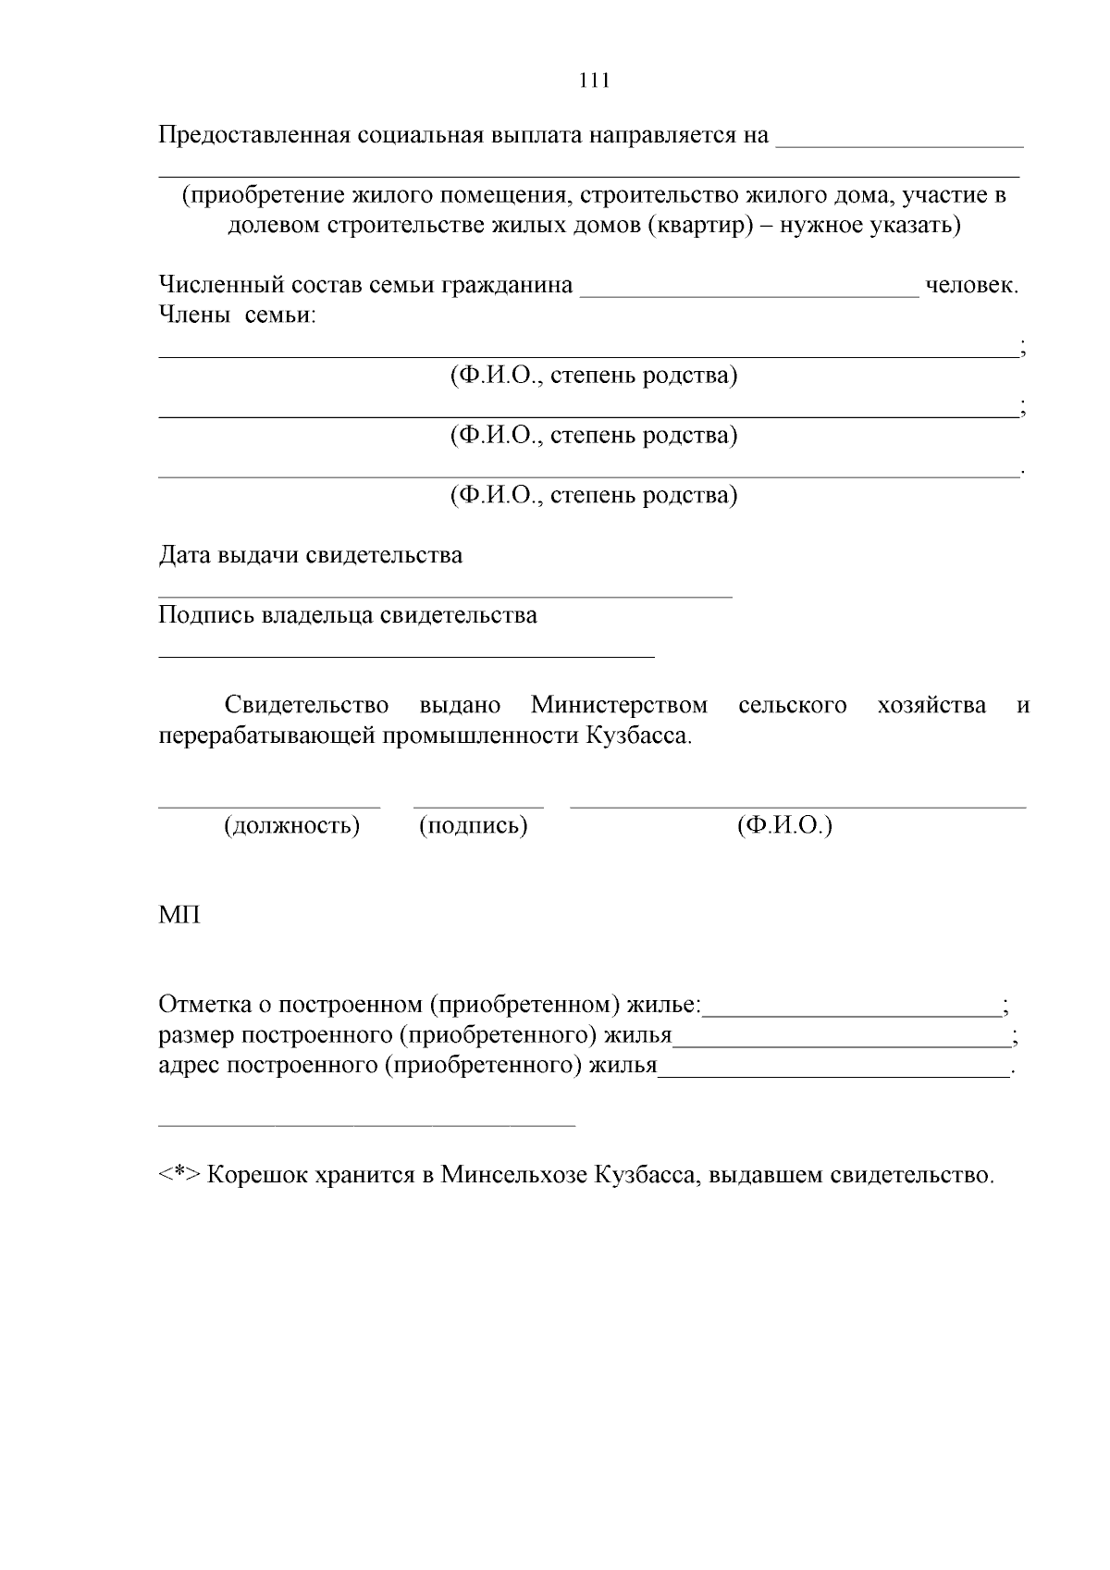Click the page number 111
point(594,80)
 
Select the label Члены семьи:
point(238,315)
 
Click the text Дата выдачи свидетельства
point(311,555)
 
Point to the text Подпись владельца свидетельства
point(348,615)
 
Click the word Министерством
point(619,705)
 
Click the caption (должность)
point(291,825)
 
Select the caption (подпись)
point(474,825)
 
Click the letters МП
point(179,915)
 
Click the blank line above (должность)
point(269,806)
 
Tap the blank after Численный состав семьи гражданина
point(749,294)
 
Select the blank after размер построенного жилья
point(842,1045)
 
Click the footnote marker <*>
point(179,1176)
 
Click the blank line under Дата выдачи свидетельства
point(445,597)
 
